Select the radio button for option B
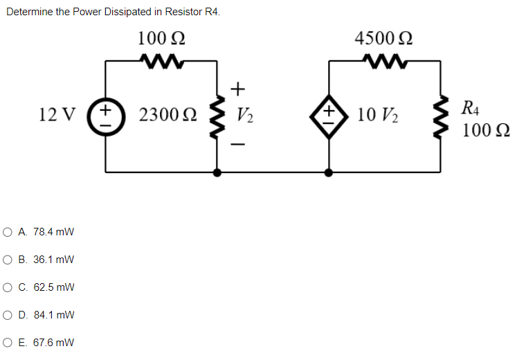10,260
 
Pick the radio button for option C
10,287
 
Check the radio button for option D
10,315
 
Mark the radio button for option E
10,343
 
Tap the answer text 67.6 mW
56,343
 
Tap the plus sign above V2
237,89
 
